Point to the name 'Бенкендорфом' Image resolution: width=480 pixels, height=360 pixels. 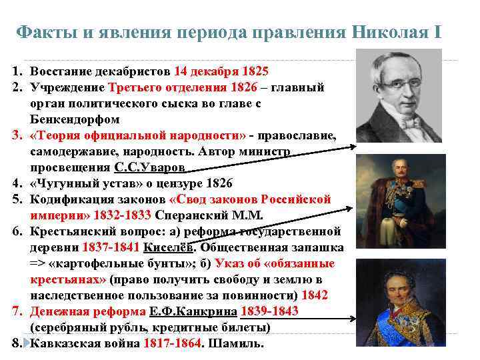tap(75, 119)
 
